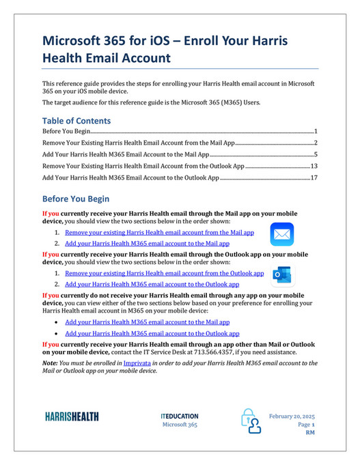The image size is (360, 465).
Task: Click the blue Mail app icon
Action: [281, 234]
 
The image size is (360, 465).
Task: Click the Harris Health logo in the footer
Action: [71, 416]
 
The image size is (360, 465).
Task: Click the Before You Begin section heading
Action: [76, 199]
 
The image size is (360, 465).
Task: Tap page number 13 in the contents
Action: [314, 166]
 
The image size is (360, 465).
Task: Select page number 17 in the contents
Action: [314, 178]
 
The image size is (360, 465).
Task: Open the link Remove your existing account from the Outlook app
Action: [164, 273]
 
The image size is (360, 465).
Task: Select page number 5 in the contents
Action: [316, 154]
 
